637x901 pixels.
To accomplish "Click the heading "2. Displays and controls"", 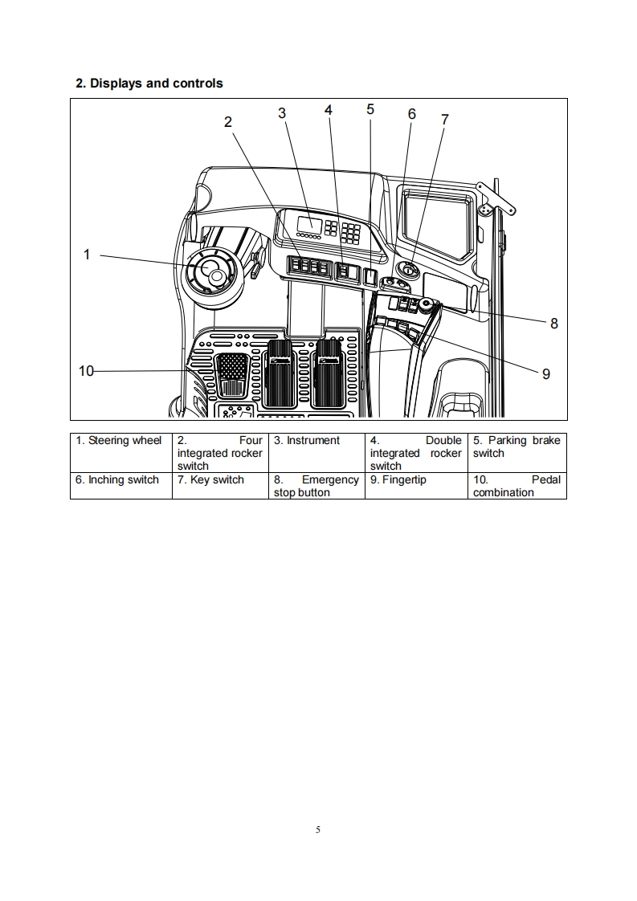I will point(149,84).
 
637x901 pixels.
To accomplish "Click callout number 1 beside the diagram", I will point(87,255).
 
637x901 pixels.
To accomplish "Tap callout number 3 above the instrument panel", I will point(282,113).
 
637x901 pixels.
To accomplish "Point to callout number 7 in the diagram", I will point(445,120).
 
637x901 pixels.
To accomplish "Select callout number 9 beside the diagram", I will point(546,373).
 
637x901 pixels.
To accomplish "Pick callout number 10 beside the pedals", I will point(86,371).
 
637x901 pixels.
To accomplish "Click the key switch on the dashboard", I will point(407,271).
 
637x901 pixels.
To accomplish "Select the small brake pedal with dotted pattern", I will point(233,373).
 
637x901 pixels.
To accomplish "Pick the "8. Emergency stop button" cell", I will point(316,486).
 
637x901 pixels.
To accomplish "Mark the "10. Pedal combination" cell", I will point(517,486).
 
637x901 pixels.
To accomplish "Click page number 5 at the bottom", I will point(319,829).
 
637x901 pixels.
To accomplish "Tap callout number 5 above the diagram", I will point(370,109).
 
